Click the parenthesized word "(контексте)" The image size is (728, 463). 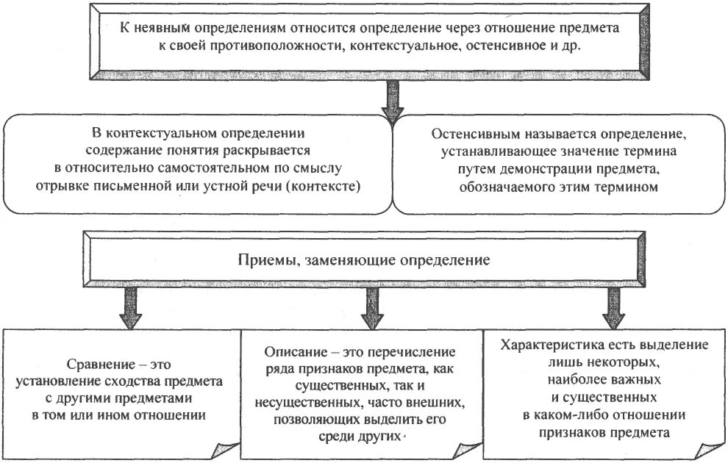point(326,186)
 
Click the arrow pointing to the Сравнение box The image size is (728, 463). point(129,308)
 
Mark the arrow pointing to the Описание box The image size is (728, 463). point(370,308)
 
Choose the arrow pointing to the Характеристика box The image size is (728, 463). point(612,308)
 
